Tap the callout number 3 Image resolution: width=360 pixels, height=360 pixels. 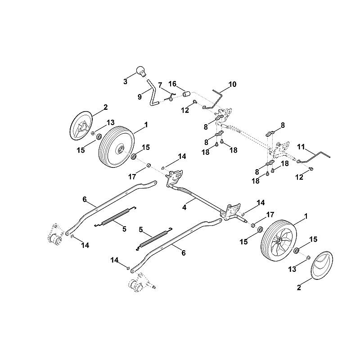[x=125, y=81]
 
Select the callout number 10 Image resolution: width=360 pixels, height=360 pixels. [x=232, y=84]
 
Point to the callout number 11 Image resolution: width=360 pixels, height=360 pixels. [x=301, y=147]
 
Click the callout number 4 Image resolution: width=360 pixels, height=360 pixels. [x=184, y=207]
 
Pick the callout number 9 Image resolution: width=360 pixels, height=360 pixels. [x=139, y=97]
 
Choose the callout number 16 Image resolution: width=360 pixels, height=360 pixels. [x=172, y=84]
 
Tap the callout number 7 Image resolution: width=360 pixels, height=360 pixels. [x=160, y=85]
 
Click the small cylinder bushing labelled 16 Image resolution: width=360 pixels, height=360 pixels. [x=187, y=94]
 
